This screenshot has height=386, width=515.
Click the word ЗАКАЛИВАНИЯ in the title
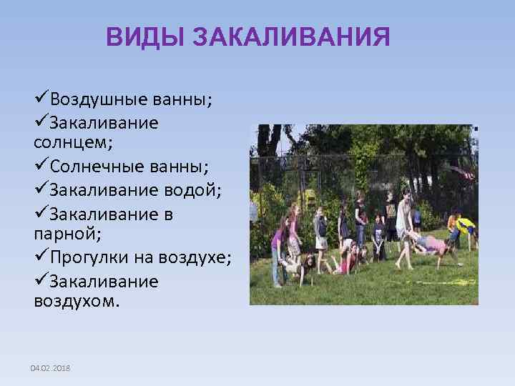point(292,37)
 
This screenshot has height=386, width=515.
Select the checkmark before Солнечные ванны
point(41,166)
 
